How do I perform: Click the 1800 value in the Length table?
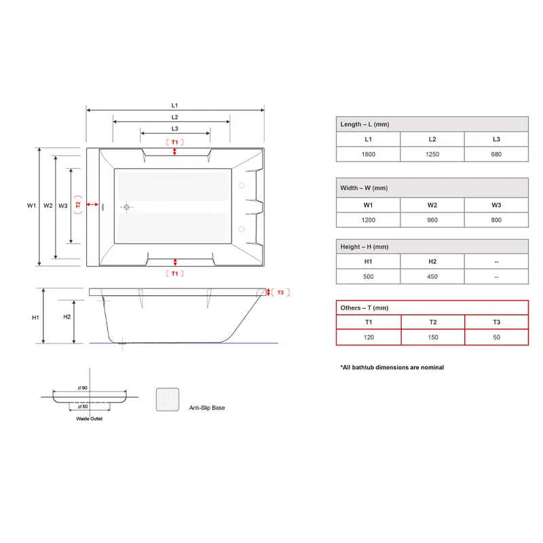(368, 154)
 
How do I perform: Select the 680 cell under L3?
(496, 154)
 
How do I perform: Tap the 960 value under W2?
(432, 220)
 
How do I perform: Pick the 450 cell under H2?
(432, 277)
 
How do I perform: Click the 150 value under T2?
(433, 337)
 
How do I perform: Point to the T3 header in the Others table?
(496, 322)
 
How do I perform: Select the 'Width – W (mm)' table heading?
(364, 188)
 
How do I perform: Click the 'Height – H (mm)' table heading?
(364, 247)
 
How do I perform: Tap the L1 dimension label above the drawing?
(174, 105)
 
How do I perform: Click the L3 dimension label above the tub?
(174, 128)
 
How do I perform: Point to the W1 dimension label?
(31, 206)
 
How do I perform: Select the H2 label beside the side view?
(67, 317)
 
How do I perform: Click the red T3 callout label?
(280, 293)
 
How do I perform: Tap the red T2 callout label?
(78, 205)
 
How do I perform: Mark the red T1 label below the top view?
(175, 274)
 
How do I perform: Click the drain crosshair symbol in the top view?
(127, 207)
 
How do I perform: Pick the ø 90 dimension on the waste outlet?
(83, 388)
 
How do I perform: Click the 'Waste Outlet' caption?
(90, 419)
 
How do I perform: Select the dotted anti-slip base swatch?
(168, 400)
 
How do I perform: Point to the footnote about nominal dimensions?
(392, 367)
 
